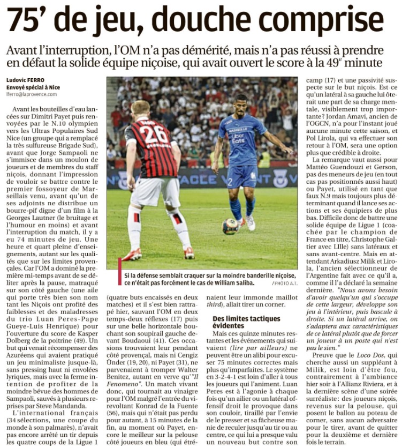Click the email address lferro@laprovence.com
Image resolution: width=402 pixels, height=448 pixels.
coord(32,94)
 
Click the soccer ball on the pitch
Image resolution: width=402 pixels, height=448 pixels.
coord(231,227)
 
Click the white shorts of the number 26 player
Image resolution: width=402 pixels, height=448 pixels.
coord(155,192)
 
